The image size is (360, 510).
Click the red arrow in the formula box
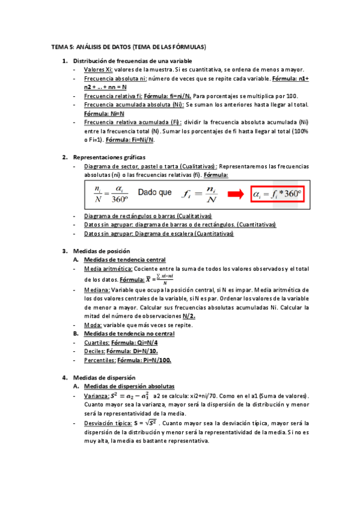click(230, 194)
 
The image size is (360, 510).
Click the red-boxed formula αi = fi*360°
click(274, 194)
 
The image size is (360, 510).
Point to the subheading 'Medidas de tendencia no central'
click(129, 334)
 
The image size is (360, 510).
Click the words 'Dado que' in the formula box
click(154, 193)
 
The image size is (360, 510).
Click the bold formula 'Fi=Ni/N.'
click(138, 140)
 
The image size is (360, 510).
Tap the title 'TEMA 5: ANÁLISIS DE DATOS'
click(90, 46)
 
